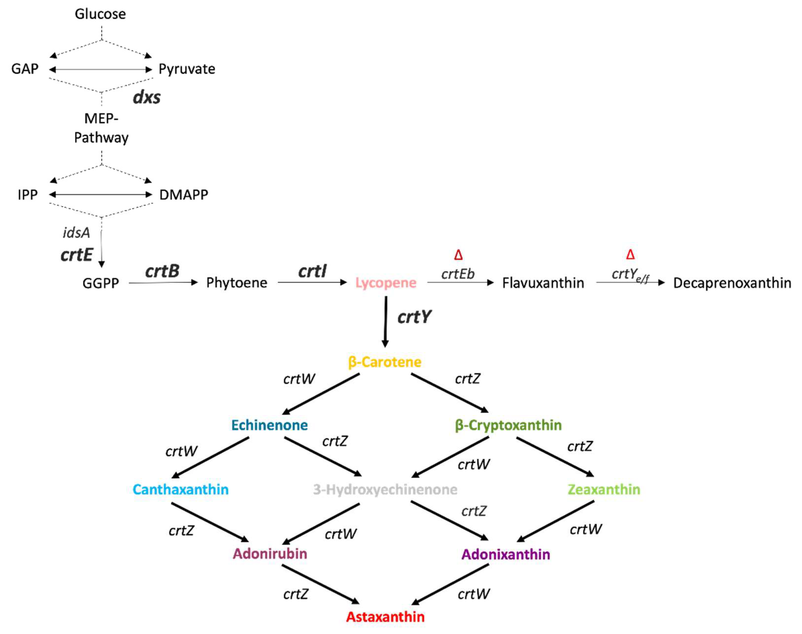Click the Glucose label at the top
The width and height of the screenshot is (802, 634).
[100, 14]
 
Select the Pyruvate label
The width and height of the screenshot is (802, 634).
[187, 69]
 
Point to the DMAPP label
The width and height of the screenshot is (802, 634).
[183, 195]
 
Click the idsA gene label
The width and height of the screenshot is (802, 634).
[76, 233]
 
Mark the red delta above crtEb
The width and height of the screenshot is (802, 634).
[458, 255]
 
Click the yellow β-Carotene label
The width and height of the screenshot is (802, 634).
[385, 362]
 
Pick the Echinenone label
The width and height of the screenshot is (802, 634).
[270, 425]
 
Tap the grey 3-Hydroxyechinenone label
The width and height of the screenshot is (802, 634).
[385, 490]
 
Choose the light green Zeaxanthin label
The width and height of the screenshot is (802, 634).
[604, 490]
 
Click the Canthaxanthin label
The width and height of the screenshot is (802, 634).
[181, 490]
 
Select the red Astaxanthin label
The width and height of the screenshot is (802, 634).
[385, 617]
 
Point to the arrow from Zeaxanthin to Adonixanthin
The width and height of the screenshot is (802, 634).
[556, 521]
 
